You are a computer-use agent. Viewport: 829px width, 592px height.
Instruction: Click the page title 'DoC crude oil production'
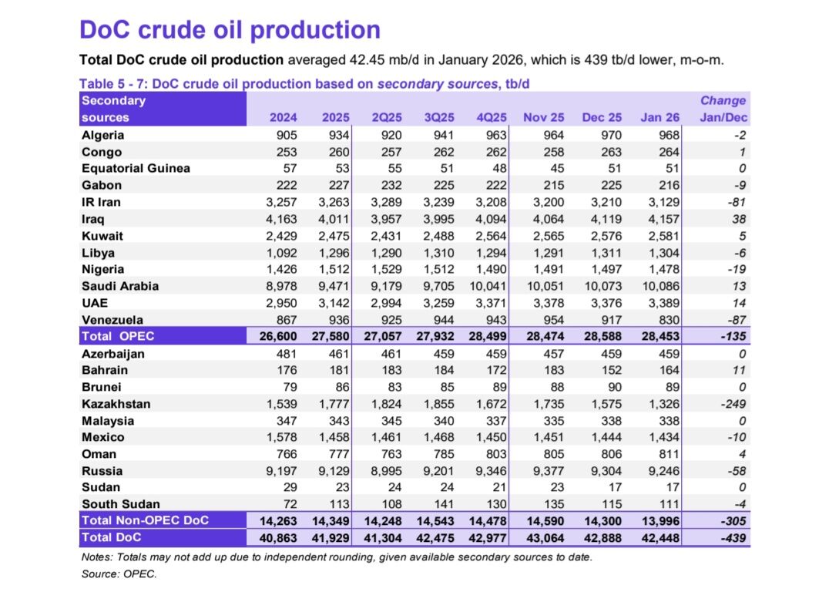pyautogui.click(x=230, y=29)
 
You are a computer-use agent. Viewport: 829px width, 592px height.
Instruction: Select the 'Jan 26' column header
pyautogui.click(x=660, y=118)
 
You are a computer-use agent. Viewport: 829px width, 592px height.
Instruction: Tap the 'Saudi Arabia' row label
pyautogui.click(x=120, y=286)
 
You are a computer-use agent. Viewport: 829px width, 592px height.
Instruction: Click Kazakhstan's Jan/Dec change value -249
pyautogui.click(x=732, y=404)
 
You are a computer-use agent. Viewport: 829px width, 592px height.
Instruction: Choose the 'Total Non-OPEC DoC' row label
pyautogui.click(x=145, y=520)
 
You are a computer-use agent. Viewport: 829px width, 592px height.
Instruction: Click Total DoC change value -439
pyautogui.click(x=731, y=537)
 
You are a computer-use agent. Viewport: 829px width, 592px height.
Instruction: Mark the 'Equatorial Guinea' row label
pyautogui.click(x=136, y=168)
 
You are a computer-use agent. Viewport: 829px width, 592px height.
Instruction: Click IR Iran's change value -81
pyautogui.click(x=735, y=202)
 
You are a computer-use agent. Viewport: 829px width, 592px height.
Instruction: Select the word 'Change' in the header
pyautogui.click(x=723, y=100)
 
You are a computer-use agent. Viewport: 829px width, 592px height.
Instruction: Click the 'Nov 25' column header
pyautogui.click(x=543, y=118)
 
